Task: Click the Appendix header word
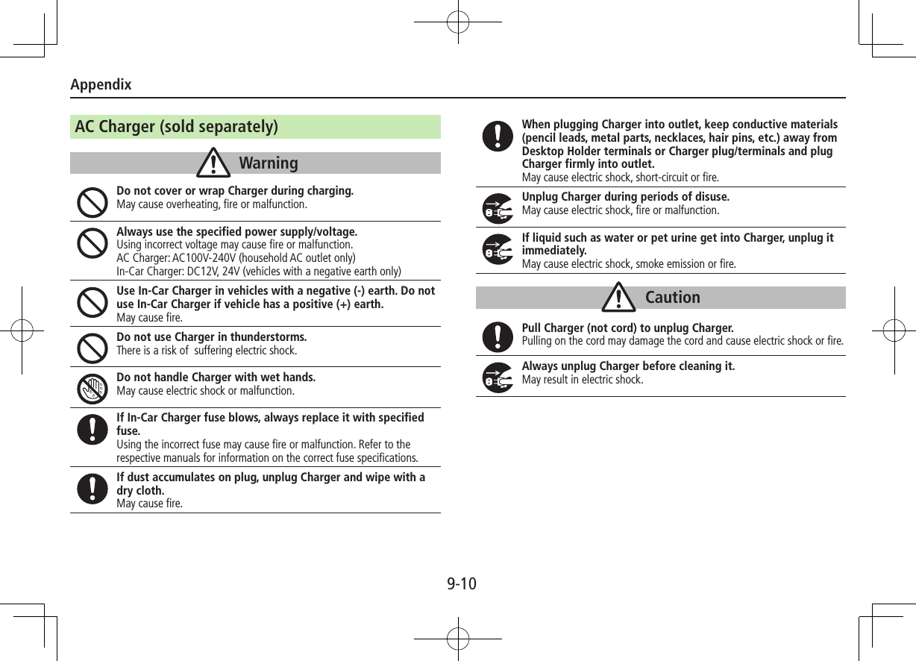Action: pyautogui.click(x=101, y=84)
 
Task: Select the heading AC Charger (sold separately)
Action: pyautogui.click(x=177, y=127)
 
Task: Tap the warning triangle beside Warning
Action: pyautogui.click(x=213, y=163)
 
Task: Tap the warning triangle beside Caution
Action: pyautogui.click(x=618, y=297)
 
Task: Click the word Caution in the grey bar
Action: pyautogui.click(x=672, y=297)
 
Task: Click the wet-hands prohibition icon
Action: pyautogui.click(x=92, y=387)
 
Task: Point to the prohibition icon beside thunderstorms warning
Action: pyautogui.click(x=92, y=347)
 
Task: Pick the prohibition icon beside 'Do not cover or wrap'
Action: pyautogui.click(x=92, y=201)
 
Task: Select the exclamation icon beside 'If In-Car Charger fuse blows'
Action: pyautogui.click(x=92, y=430)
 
